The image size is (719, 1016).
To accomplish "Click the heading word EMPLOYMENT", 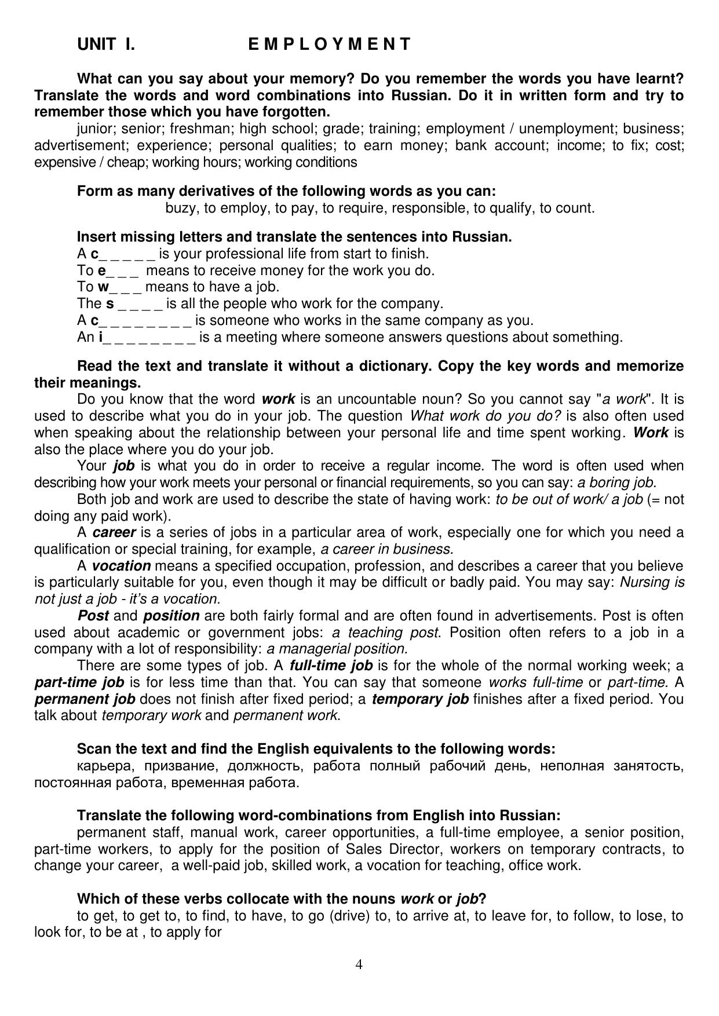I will [x=329, y=45].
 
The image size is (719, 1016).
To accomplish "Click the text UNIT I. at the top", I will [x=106, y=45].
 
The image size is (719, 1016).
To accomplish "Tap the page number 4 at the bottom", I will [x=359, y=964].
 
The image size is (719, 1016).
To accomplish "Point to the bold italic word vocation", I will [x=121, y=566].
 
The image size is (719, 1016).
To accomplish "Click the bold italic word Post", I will [x=93, y=616].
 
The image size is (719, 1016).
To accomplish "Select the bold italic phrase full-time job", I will [x=331, y=666].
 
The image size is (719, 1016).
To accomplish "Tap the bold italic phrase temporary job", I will [x=420, y=699].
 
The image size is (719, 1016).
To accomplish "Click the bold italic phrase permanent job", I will [x=85, y=699].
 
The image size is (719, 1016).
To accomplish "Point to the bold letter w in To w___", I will [x=103, y=287].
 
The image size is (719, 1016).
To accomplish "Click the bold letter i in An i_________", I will [x=101, y=337].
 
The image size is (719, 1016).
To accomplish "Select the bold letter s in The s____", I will [x=110, y=304].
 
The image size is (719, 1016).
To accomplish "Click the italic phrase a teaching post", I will [x=385, y=633].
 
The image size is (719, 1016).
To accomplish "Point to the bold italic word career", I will [x=114, y=533].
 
